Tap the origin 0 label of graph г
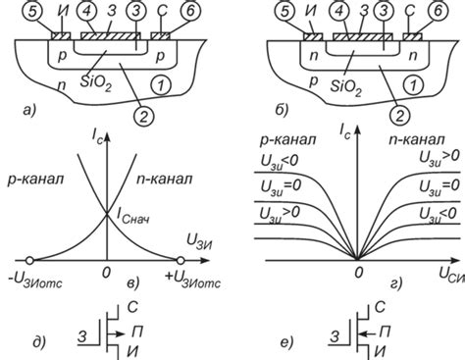(x=360, y=270)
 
